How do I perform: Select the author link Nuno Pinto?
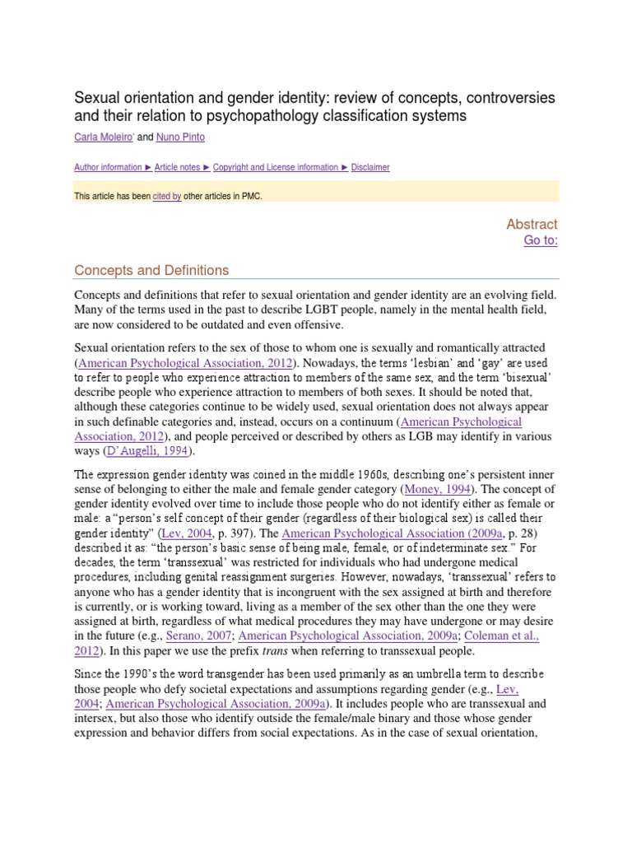coord(181,137)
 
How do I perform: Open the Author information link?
coord(108,167)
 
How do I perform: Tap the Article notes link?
coord(178,167)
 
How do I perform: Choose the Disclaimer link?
coord(370,167)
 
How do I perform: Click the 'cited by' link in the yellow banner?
coord(166,197)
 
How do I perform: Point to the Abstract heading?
coord(532,224)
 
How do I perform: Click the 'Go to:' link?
coord(541,240)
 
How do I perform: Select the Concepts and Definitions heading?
coord(151,270)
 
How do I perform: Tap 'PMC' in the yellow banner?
coord(252,197)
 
